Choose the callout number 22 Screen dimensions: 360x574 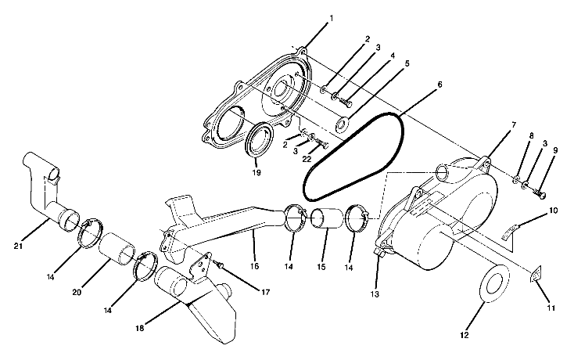point(307,160)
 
